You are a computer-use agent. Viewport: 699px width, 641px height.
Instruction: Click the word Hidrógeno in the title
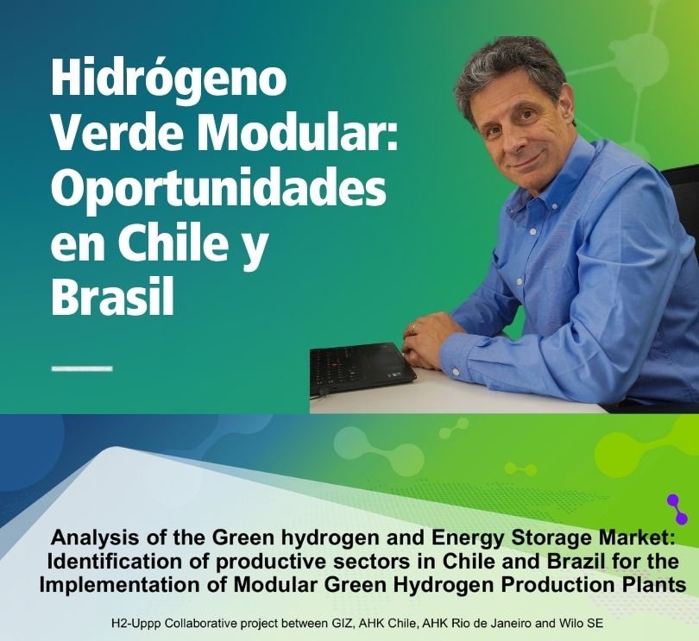(x=168, y=83)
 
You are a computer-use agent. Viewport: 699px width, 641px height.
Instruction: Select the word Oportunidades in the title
(x=218, y=191)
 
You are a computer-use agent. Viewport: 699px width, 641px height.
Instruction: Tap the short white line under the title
(x=82, y=368)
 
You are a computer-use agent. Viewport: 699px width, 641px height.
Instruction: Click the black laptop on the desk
(x=362, y=368)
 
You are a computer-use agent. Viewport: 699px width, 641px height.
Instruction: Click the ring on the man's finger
(x=414, y=328)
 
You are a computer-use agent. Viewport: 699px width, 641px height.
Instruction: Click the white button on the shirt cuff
(x=456, y=371)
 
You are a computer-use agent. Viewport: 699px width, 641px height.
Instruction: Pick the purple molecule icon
(x=677, y=509)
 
